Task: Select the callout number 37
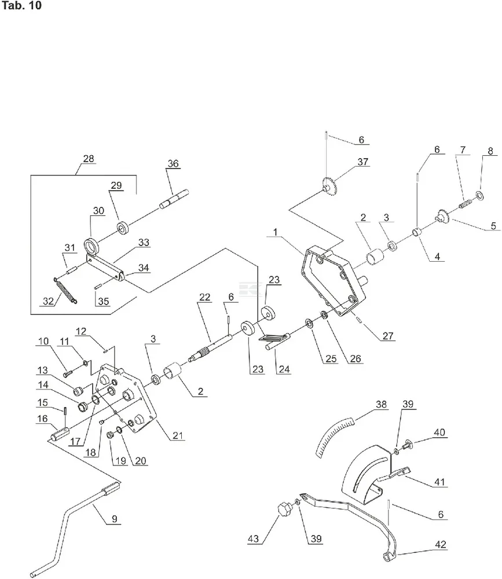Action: pyautogui.click(x=362, y=163)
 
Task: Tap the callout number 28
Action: pyautogui.click(x=89, y=158)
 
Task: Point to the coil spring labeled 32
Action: pyautogui.click(x=64, y=287)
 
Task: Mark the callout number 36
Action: pyautogui.click(x=173, y=163)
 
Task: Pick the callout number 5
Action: pyautogui.click(x=493, y=226)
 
